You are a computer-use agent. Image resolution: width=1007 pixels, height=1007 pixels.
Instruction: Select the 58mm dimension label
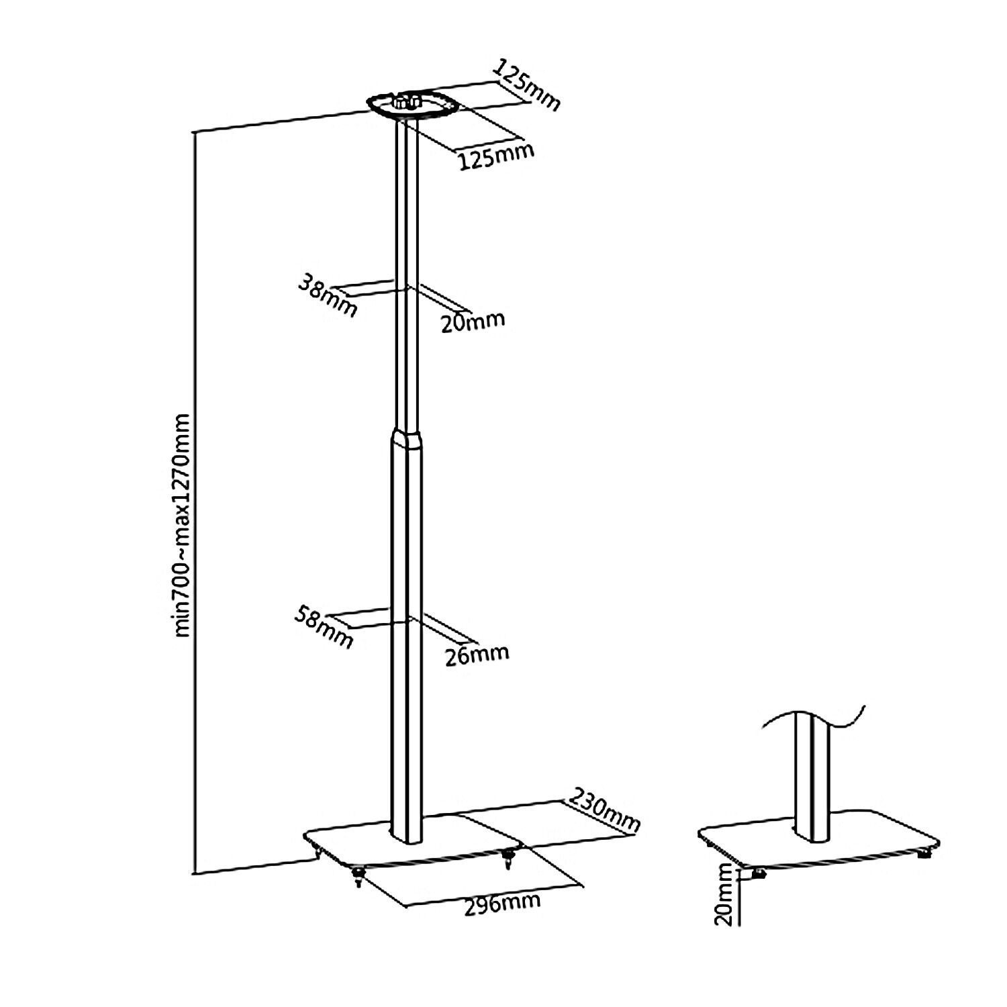coord(324,627)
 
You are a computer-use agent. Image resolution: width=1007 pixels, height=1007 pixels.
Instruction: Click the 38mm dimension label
coord(327,297)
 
